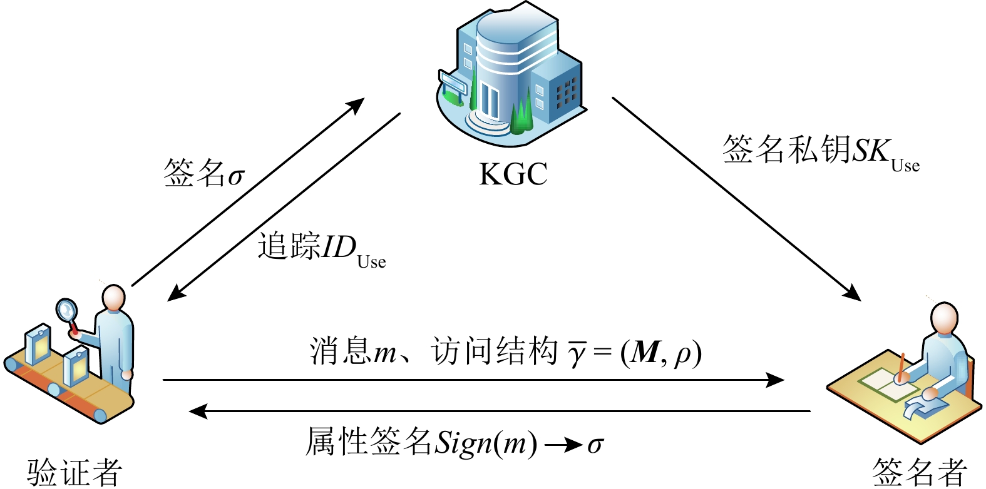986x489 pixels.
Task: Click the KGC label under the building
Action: [x=513, y=174]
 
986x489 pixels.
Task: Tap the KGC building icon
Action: [x=510, y=72]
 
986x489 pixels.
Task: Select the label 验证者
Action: [x=75, y=471]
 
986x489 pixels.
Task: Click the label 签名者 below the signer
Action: [x=920, y=471]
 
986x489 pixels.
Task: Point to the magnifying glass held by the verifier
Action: [x=66, y=310]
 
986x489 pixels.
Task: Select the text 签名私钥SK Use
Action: [x=820, y=152]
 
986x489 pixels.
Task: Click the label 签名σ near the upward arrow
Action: [x=203, y=173]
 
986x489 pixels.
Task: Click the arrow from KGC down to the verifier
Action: [x=284, y=206]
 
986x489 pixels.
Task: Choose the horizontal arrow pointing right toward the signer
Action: [x=473, y=380]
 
